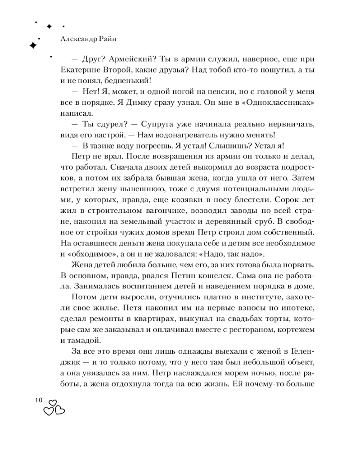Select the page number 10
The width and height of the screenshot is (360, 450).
[x=37, y=400]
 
